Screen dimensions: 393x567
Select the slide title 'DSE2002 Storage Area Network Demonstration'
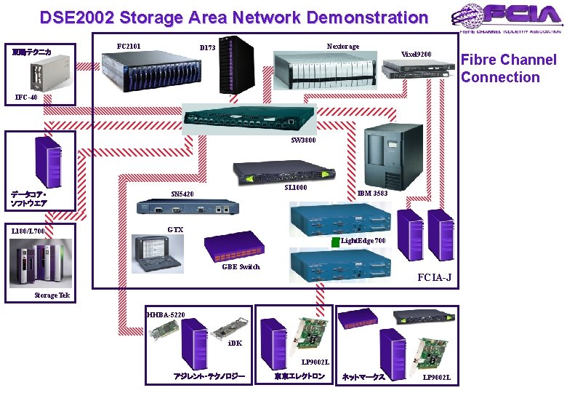(234, 17)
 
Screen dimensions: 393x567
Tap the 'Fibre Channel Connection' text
(508, 68)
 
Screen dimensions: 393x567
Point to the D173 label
(208, 48)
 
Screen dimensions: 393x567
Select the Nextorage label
(343, 47)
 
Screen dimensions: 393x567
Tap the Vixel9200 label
(417, 55)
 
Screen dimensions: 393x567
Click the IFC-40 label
(26, 97)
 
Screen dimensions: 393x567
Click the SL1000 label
(296, 188)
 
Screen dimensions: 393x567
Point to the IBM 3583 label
(372, 194)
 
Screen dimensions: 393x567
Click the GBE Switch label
(241, 266)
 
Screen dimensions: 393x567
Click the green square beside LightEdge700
(335, 242)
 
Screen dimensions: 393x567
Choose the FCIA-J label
(433, 277)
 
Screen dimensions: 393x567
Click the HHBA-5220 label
(166, 314)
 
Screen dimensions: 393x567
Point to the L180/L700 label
(29, 231)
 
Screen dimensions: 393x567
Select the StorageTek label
(52, 295)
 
